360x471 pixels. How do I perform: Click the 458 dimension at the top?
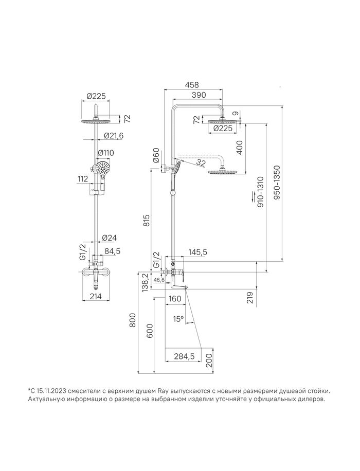(x=192, y=85)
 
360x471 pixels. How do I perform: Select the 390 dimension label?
(x=199, y=95)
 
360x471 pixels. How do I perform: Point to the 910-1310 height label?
(x=260, y=192)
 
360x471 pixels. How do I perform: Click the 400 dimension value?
(x=240, y=147)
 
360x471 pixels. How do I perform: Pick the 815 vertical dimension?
(x=146, y=222)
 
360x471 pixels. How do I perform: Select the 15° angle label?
(x=178, y=319)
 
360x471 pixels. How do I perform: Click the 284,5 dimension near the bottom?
(x=184, y=356)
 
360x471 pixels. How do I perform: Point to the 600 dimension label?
(x=150, y=331)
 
